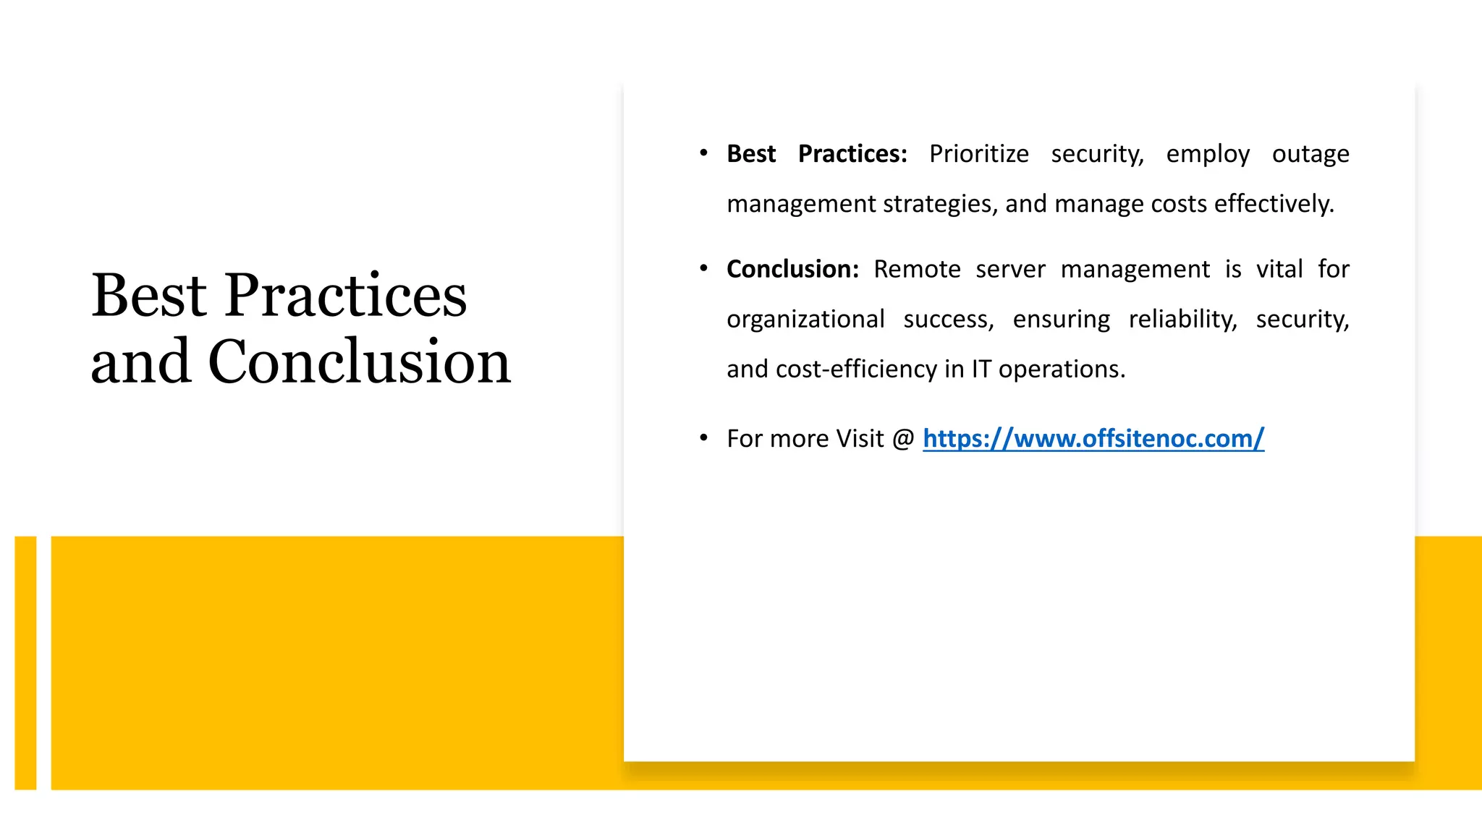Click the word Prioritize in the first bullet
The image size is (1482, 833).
tap(978, 154)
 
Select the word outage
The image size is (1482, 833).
tap(1310, 154)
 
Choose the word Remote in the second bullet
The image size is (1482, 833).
tap(917, 269)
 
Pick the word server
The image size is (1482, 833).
tap(1010, 270)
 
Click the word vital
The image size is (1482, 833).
tap(1279, 269)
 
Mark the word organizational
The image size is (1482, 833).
tap(805, 320)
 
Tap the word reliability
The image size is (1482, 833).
tap(1182, 319)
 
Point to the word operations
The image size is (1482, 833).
tap(1062, 369)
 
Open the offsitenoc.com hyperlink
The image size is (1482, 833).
tap(1093, 438)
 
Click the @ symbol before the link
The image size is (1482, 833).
tap(903, 439)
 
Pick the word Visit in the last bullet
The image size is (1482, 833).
tap(860, 438)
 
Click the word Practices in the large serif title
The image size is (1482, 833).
tap(346, 296)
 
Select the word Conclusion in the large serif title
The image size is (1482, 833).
tap(360, 361)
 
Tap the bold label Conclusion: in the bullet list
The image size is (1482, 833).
tap(792, 269)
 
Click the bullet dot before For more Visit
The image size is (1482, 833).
tap(703, 437)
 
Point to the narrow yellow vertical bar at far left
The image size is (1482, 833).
tap(25, 662)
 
